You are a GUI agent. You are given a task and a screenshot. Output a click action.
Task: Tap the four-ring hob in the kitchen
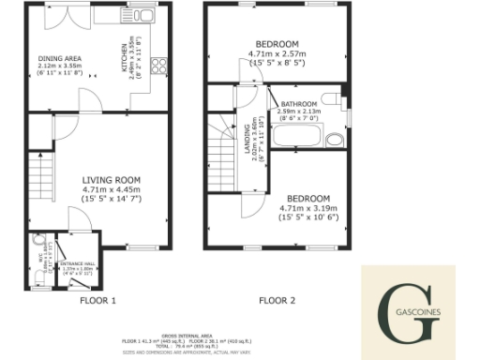[157, 67]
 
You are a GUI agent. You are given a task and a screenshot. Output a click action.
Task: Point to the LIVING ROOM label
[111, 180]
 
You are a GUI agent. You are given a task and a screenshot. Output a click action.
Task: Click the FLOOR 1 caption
[97, 301]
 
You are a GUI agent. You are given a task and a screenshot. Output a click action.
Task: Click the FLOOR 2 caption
[277, 301]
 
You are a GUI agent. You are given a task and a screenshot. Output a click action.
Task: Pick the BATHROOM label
[300, 104]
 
